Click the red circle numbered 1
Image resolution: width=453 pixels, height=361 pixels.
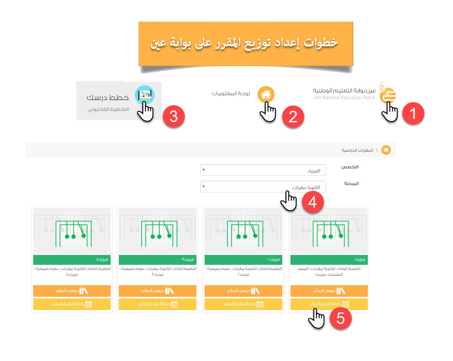413,113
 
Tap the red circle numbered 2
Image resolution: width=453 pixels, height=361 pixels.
293,117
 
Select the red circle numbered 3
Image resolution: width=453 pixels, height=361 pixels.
173,116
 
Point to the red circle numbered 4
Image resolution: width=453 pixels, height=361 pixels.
313,202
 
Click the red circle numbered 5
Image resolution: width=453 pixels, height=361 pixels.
340,319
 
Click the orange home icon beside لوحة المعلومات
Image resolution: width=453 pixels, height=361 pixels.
266,94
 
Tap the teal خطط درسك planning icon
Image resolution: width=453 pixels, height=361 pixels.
145,95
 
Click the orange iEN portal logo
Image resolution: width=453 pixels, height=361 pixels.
388,94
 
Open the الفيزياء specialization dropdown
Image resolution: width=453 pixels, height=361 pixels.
263,170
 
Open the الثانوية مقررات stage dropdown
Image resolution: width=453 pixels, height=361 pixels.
263,187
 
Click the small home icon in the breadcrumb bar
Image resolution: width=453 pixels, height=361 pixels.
386,150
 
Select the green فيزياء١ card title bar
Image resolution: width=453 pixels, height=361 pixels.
329,260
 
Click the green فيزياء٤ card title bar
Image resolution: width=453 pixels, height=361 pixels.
72,260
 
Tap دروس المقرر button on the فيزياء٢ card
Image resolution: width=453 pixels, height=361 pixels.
243,291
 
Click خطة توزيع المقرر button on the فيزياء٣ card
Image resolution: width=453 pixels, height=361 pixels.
157,304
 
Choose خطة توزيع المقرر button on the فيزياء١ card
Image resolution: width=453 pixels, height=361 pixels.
329,304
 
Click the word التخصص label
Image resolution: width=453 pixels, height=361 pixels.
350,167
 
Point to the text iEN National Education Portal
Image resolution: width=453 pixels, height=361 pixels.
344,98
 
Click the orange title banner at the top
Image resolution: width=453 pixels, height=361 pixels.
246,44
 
